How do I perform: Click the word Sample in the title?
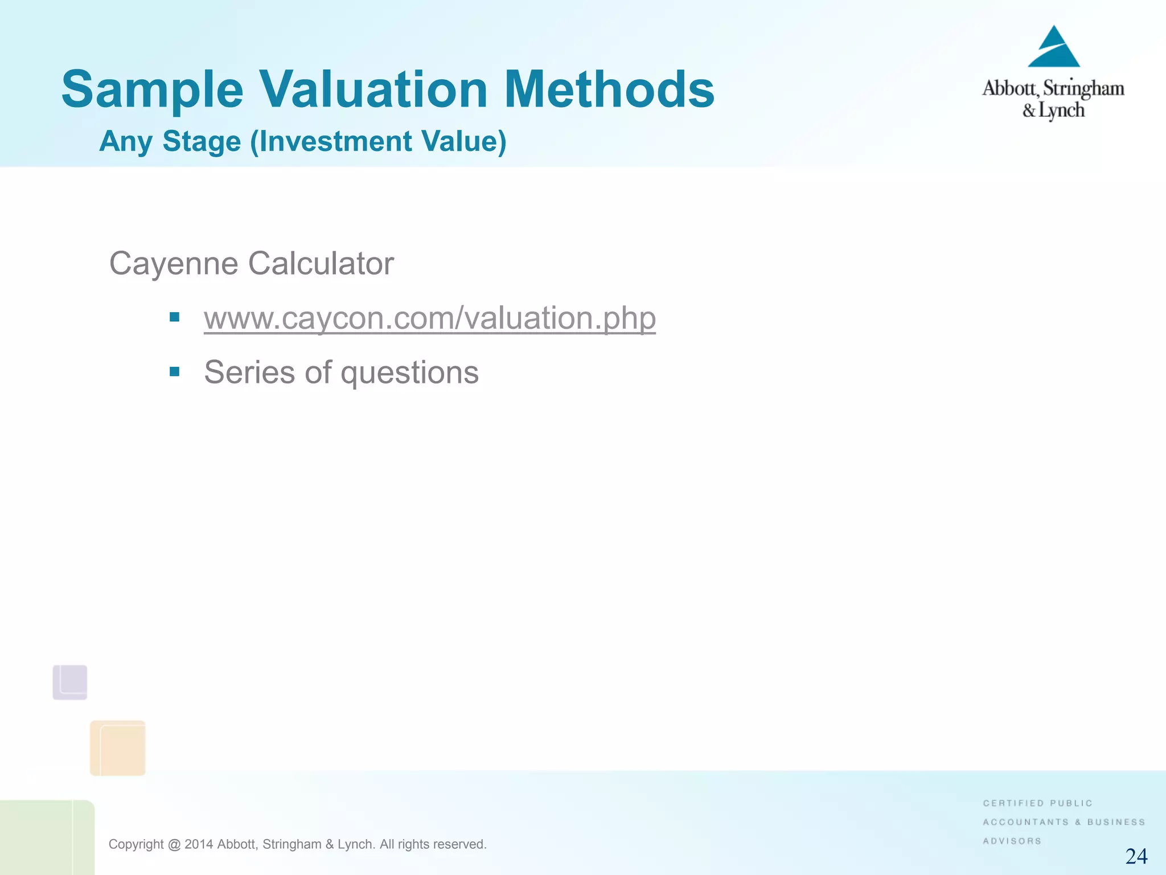[x=152, y=90]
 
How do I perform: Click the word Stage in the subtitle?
[x=202, y=141]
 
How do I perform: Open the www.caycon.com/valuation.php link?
[x=430, y=318]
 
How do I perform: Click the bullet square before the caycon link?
[x=175, y=317]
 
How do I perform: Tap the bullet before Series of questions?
[x=175, y=372]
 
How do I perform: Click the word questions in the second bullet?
[x=409, y=373]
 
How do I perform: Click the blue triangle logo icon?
[x=1053, y=48]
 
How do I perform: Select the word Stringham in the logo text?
[x=1083, y=89]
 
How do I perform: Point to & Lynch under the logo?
[x=1053, y=110]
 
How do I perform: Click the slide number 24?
[x=1136, y=856]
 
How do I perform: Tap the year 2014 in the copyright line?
[x=199, y=844]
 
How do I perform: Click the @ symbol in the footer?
[x=174, y=844]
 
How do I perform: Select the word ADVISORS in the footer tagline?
[x=1012, y=841]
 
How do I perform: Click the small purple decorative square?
[x=70, y=682]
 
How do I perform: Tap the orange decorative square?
[x=118, y=748]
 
